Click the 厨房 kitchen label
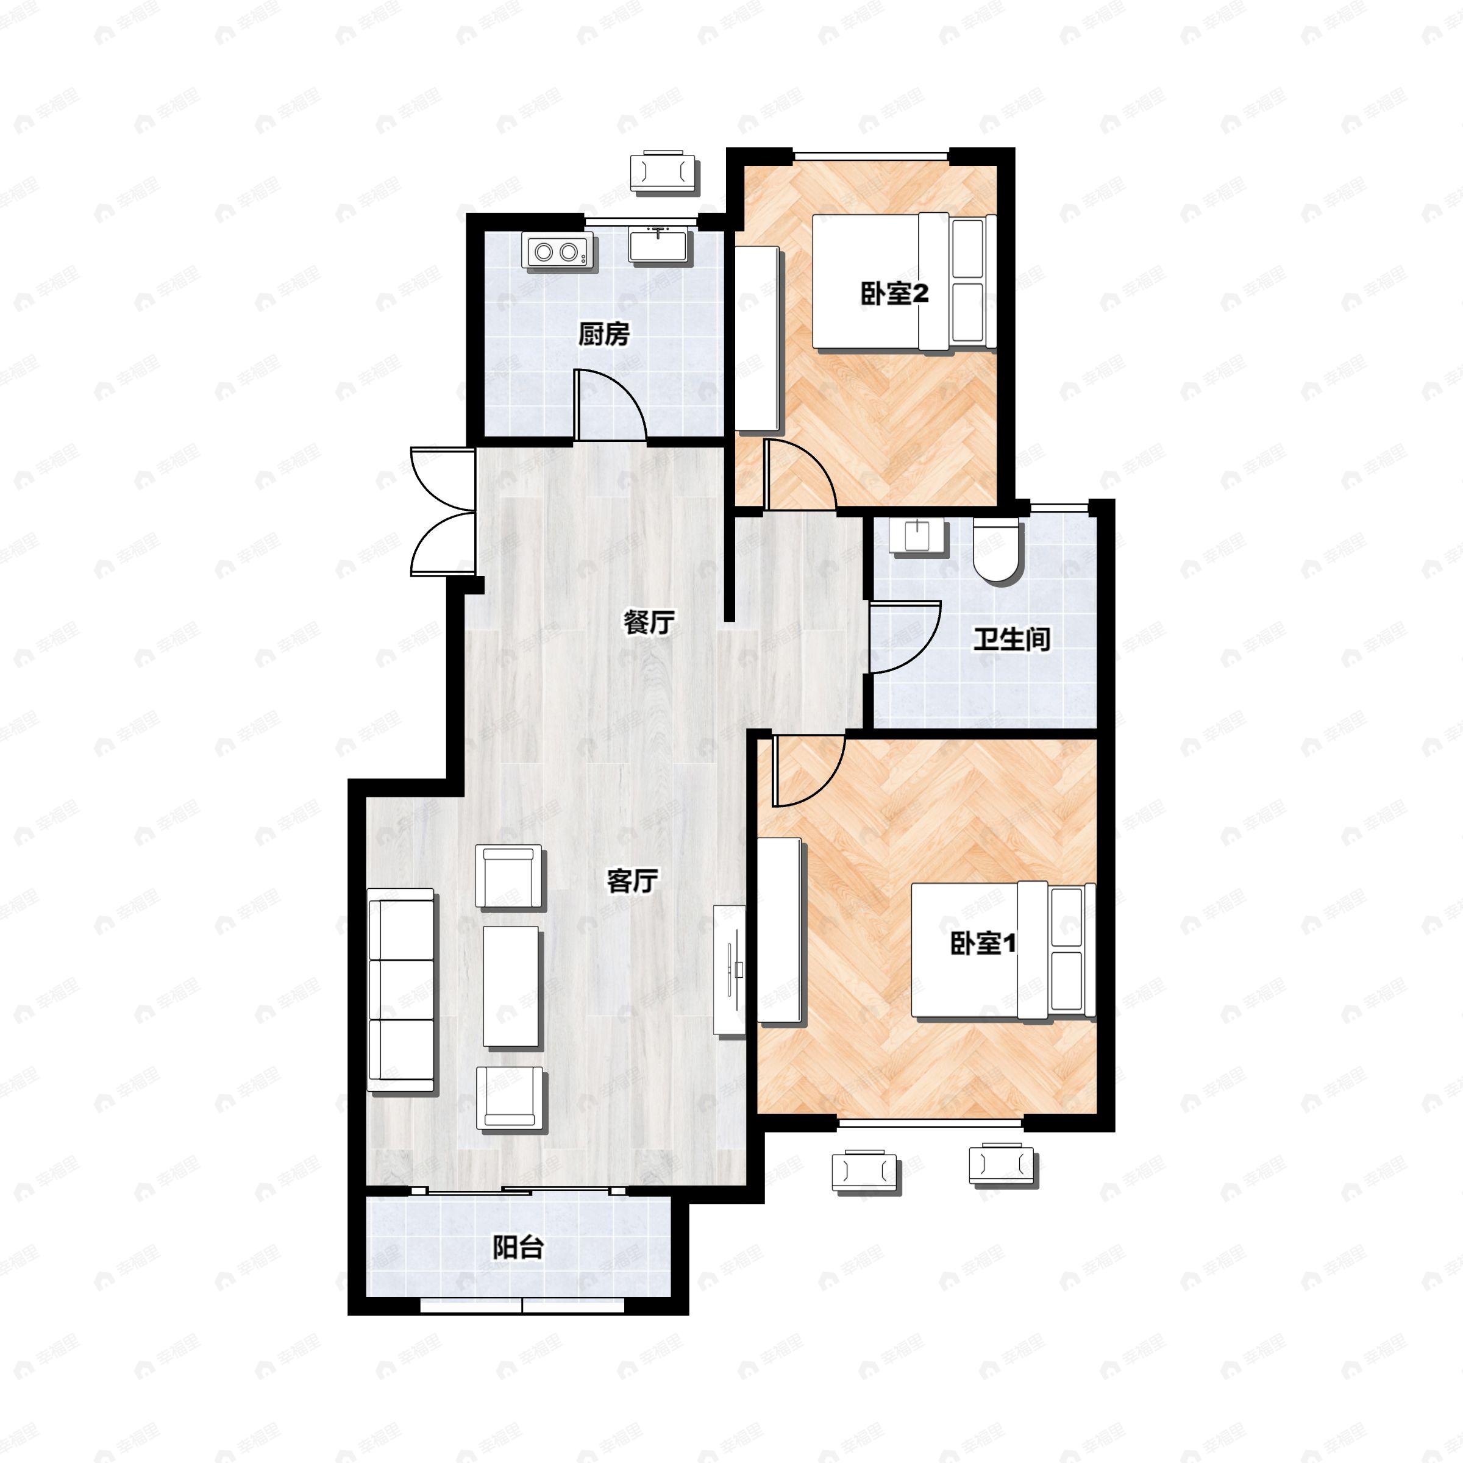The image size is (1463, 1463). tap(603, 334)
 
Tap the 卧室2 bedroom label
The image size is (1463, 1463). tap(894, 294)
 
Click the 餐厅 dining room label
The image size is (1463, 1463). tap(648, 622)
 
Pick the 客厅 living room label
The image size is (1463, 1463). tap(632, 881)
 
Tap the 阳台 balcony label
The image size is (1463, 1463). tap(518, 1247)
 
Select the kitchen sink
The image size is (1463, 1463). tap(658, 244)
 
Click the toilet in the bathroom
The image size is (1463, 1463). tap(998, 550)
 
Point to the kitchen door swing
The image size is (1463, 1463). tap(610, 404)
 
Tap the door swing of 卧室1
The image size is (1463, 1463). tap(807, 771)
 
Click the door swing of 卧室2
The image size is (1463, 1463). tap(800, 474)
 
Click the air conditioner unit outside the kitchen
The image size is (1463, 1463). tap(663, 171)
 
